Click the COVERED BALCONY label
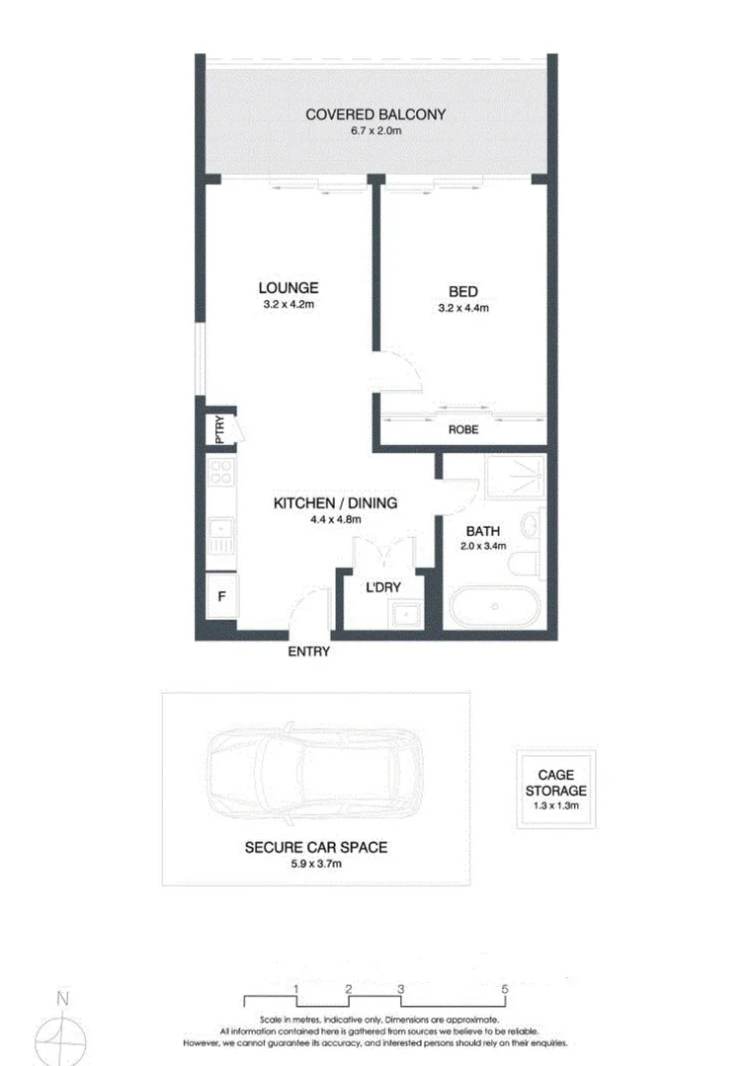click(x=375, y=114)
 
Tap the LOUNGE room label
click(x=289, y=288)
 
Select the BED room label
click(x=462, y=291)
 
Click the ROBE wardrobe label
click(x=462, y=430)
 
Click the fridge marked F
click(x=221, y=595)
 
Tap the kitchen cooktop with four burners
click(x=221, y=474)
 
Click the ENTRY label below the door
click(x=308, y=651)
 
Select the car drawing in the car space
click(x=315, y=769)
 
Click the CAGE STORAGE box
click(x=555, y=791)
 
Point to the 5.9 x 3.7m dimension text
click(x=315, y=864)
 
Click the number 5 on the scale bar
click(x=505, y=988)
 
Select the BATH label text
click(x=483, y=531)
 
